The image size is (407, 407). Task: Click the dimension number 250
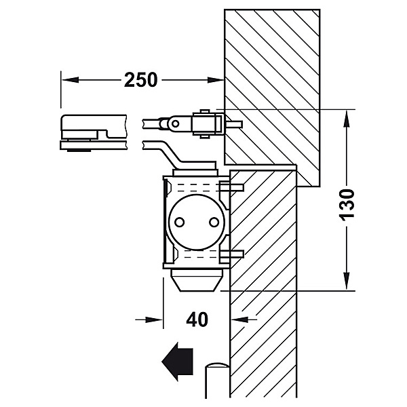140,79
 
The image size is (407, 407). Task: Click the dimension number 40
197,319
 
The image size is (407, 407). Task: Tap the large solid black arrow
178,362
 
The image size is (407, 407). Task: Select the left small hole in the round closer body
179,222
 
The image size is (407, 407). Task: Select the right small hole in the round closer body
214,222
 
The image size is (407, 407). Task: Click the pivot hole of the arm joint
176,123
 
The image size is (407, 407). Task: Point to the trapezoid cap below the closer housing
197,280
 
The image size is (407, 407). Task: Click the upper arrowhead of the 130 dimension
346,118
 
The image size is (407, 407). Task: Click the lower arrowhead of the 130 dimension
346,281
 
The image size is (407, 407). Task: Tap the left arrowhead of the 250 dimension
70,79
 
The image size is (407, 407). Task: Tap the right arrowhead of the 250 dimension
216,79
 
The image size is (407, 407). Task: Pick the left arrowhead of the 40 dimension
155,319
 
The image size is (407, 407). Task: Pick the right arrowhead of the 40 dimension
239,319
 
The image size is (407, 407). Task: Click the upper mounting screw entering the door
231,187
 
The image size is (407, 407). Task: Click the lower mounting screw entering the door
231,254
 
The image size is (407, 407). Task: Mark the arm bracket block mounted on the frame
207,123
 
